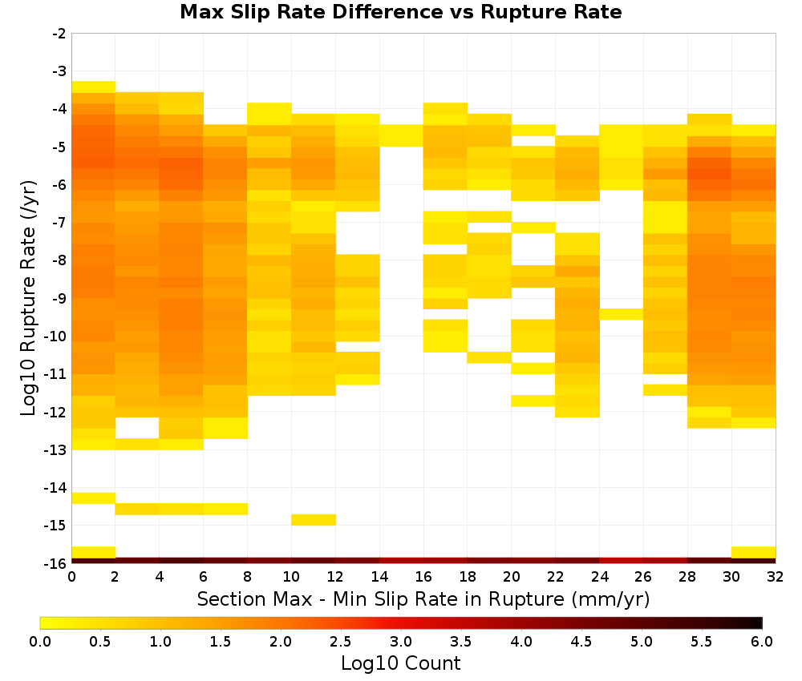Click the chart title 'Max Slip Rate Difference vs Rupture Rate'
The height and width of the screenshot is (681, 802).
tap(400, 12)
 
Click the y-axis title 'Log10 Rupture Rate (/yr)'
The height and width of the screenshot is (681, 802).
tap(29, 298)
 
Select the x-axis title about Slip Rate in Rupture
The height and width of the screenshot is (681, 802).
tap(423, 598)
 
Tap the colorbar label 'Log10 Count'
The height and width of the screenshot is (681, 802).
tap(400, 663)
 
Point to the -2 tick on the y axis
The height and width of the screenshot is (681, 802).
tap(59, 34)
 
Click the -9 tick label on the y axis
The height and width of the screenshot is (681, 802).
tap(59, 298)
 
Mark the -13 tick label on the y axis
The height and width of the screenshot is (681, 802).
tap(56, 450)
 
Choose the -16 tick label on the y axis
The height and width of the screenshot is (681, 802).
tap(56, 563)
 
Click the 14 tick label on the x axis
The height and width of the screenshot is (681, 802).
tap(379, 577)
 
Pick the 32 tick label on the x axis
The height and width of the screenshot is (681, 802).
tap(776, 577)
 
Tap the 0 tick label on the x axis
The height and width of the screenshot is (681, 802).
tap(71, 577)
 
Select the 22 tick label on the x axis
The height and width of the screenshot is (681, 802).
tap(556, 577)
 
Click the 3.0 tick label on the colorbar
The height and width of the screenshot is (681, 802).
tap(401, 642)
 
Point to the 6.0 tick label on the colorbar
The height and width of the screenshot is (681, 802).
tap(762, 642)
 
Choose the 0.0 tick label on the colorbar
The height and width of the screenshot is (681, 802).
tap(40, 642)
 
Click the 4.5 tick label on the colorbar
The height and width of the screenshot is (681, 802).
tap(581, 642)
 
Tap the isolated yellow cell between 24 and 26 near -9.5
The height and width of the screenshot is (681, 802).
tap(621, 314)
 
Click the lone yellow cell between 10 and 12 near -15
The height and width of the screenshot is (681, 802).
tap(314, 519)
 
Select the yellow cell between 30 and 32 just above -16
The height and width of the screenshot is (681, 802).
tap(753, 552)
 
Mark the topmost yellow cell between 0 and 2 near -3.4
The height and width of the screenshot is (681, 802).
tap(94, 87)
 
